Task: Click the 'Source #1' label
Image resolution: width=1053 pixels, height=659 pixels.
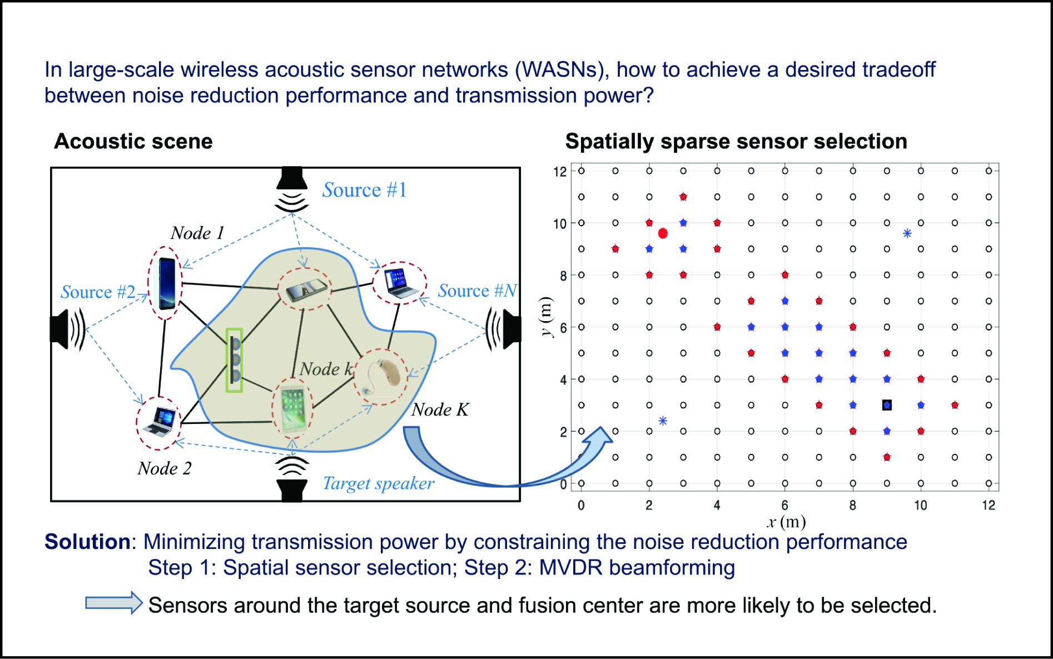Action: tap(364, 190)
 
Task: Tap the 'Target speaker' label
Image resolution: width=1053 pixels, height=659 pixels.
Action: tap(378, 483)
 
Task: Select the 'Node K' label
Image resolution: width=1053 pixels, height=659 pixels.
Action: tap(440, 410)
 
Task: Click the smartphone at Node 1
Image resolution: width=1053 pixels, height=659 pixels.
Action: tap(166, 283)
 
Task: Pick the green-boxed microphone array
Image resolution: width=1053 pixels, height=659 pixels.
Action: tap(234, 360)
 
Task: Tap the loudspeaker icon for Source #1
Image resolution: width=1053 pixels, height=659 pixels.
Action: tap(292, 189)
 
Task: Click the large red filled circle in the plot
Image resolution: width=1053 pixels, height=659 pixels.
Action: tap(663, 233)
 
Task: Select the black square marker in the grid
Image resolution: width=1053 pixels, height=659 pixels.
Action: tap(887, 405)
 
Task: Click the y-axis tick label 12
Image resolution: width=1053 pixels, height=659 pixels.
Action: tap(559, 172)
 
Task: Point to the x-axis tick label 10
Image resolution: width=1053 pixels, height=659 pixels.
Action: tap(921, 506)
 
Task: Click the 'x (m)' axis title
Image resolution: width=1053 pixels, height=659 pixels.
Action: tap(786, 522)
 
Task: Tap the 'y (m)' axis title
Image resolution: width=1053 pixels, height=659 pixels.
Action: tap(547, 317)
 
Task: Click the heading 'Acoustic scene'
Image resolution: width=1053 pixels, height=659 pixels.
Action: tap(133, 142)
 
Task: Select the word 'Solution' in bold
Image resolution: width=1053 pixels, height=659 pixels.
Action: tap(87, 542)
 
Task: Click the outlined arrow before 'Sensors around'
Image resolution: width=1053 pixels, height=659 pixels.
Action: tap(114, 603)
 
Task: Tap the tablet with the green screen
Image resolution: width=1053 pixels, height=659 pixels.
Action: tap(292, 410)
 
